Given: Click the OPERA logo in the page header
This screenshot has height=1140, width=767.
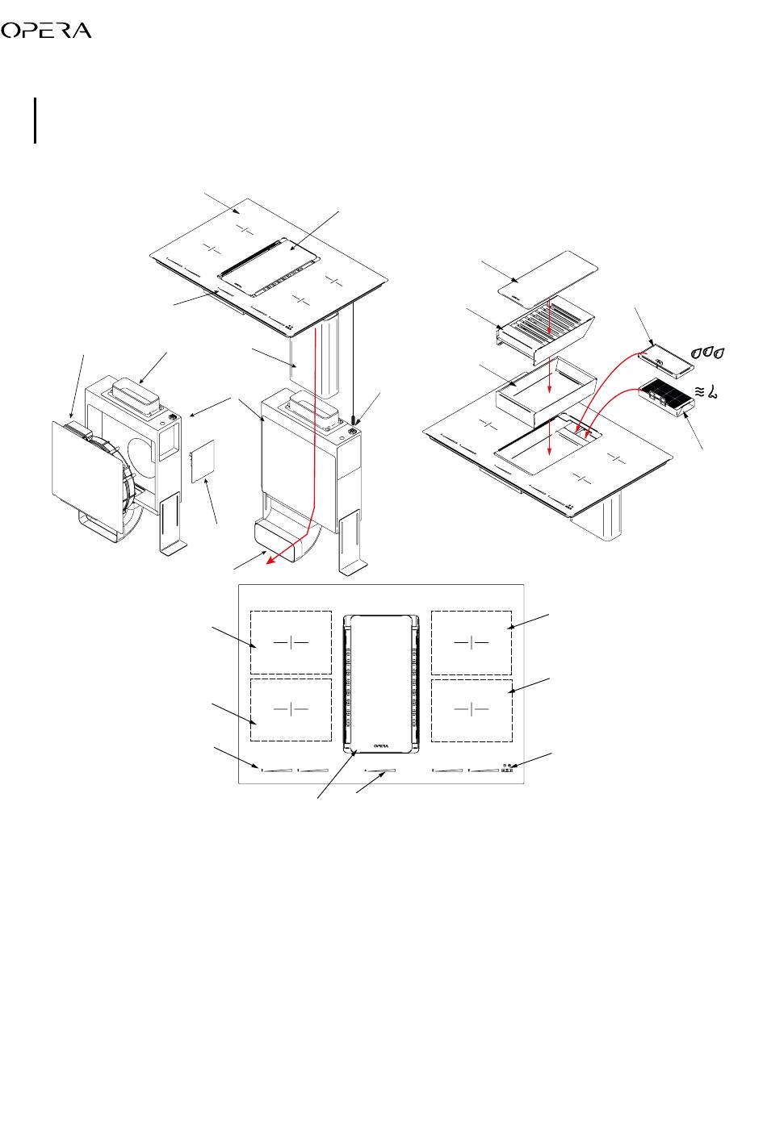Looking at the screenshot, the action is pyautogui.click(x=46, y=31).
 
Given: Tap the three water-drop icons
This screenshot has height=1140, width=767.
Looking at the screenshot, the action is pyautogui.click(x=708, y=353).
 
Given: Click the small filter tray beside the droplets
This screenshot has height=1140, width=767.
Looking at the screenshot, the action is pyautogui.click(x=665, y=361).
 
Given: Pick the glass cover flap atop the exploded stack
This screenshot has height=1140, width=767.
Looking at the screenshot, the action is pyautogui.click(x=547, y=279).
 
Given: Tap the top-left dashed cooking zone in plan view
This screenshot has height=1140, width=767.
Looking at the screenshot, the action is pyautogui.click(x=291, y=642).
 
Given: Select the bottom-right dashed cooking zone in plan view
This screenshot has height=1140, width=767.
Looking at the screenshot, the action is pyautogui.click(x=472, y=710).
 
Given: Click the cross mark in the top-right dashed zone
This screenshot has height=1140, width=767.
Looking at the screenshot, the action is pyautogui.click(x=472, y=642).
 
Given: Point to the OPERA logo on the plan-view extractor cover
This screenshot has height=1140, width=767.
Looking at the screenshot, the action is pyautogui.click(x=381, y=746).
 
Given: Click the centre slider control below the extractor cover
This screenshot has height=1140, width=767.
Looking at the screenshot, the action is pyautogui.click(x=380, y=770).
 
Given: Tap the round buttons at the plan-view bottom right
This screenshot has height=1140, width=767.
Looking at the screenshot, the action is pyautogui.click(x=507, y=766).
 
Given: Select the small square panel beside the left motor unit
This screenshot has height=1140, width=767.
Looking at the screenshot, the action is pyautogui.click(x=203, y=461).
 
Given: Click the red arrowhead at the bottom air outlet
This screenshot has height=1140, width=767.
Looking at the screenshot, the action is pyautogui.click(x=271, y=559).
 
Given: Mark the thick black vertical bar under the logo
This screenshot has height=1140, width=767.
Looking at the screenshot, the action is pyautogui.click(x=36, y=121).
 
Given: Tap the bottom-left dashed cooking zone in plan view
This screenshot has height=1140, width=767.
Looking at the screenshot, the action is pyautogui.click(x=291, y=710).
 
